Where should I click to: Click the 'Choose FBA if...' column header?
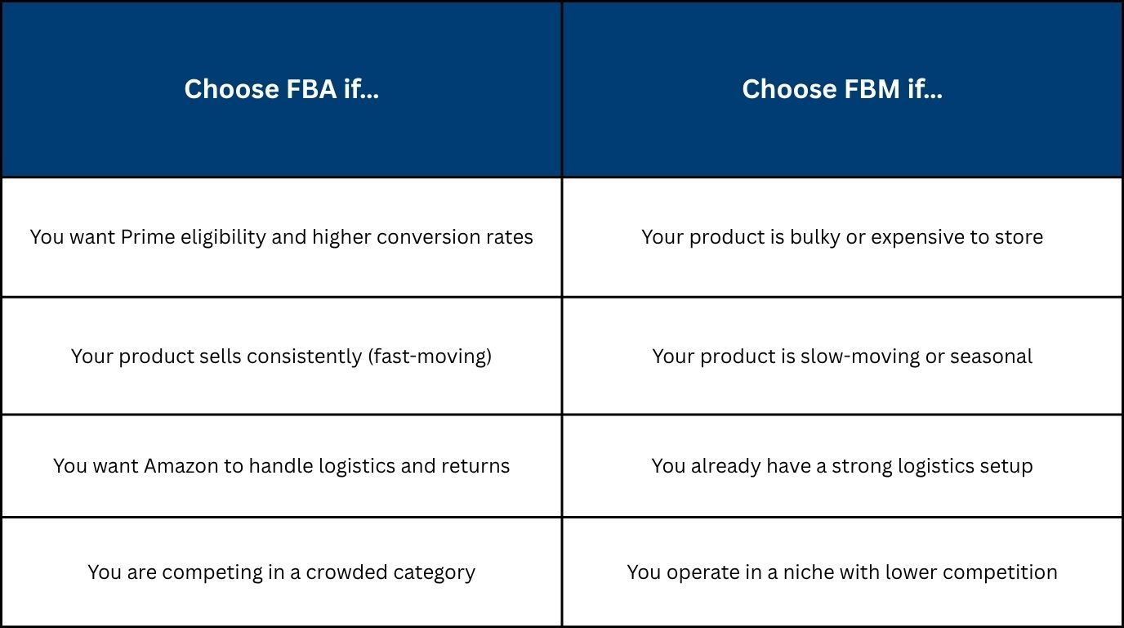point(281,89)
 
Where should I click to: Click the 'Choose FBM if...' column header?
point(841,89)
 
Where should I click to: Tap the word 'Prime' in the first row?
point(148,237)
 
